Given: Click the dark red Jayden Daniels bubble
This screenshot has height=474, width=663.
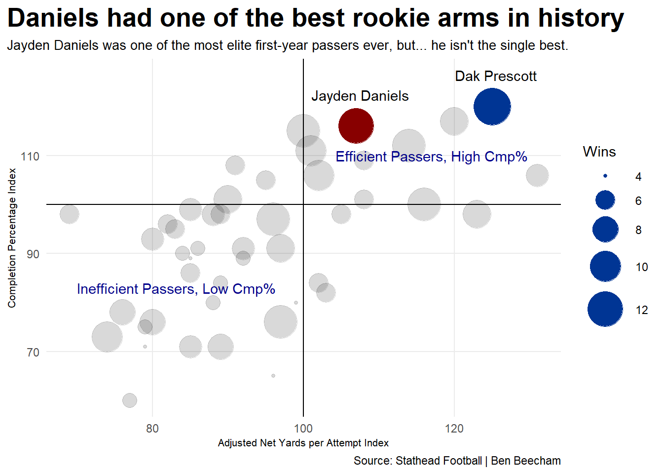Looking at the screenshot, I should pos(356,126).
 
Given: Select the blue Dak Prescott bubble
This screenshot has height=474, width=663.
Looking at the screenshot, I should pos(492,107).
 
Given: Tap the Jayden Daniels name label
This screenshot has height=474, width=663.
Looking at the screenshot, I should pos(360,96).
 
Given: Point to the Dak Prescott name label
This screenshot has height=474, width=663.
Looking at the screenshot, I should pos(495,77).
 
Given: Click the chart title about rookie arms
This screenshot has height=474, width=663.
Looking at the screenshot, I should pos(316,18).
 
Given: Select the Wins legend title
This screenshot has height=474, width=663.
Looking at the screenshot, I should pos(599,152).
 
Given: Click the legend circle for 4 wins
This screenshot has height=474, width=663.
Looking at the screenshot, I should pos(605,176).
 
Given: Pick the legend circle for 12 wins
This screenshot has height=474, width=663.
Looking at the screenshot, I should pos(605,310).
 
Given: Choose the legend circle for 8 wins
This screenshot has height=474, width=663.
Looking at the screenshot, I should pos(605,230).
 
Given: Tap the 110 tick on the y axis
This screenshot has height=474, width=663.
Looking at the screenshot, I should pos(30,156).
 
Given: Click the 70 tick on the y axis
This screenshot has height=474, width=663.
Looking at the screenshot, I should pos(33,352).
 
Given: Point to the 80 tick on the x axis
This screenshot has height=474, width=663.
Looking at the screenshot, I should pos(152,428).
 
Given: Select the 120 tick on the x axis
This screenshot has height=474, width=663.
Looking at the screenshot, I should pos(454,428).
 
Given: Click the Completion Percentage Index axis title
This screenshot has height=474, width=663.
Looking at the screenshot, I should pos(12,238).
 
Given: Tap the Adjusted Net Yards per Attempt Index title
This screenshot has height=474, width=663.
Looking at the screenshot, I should pos(303,443).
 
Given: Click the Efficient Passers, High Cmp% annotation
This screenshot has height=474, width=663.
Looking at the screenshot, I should pos(431,157).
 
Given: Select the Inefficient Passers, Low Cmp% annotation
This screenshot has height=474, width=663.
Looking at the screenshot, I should pos(176,289).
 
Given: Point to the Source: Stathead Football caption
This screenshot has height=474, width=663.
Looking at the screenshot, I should pos(457,461).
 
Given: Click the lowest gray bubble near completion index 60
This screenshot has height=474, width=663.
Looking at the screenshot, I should pos(129,400).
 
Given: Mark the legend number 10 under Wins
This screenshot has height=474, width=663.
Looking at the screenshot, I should pos(641,267).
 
